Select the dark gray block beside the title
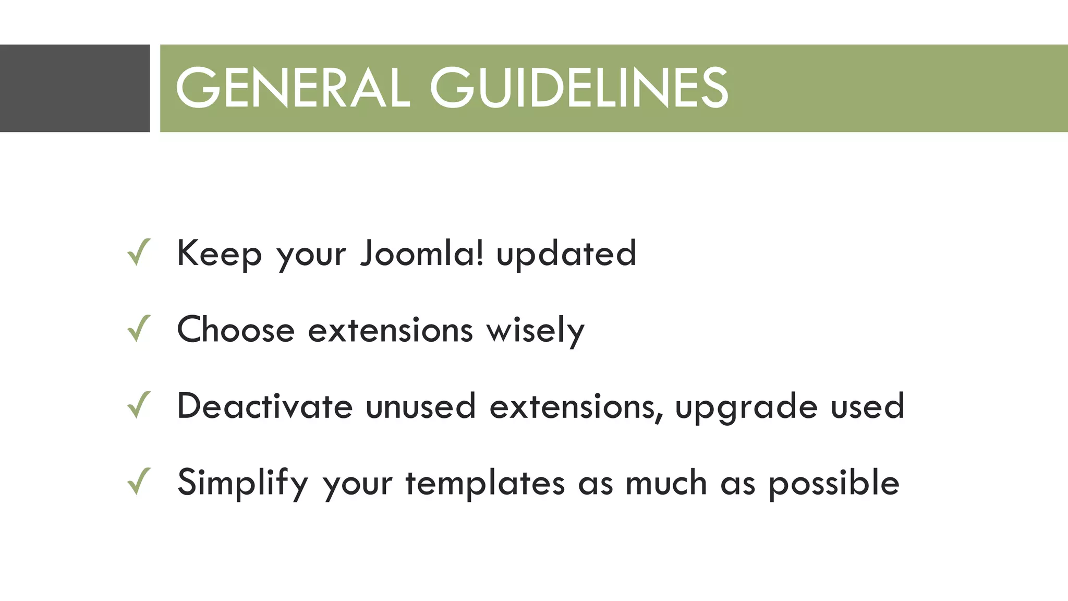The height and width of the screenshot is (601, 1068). coord(75,88)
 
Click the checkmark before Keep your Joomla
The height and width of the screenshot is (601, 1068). coord(139,253)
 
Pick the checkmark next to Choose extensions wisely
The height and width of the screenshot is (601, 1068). coord(139,329)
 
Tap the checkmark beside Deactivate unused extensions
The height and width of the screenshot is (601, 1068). coord(139,405)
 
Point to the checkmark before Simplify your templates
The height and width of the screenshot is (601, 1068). coord(139,481)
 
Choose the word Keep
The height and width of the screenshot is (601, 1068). coord(219,254)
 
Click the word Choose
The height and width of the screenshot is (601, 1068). coord(236,330)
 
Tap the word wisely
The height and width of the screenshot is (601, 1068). coord(536,331)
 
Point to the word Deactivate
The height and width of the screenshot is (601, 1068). coord(265,406)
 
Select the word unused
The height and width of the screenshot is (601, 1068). coord(420,406)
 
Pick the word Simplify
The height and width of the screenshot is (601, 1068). coord(243,483)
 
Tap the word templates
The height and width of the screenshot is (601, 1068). coord(485,483)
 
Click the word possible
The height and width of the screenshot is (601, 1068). coord(834,483)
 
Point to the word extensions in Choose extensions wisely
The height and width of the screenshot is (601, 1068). coord(391,330)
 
